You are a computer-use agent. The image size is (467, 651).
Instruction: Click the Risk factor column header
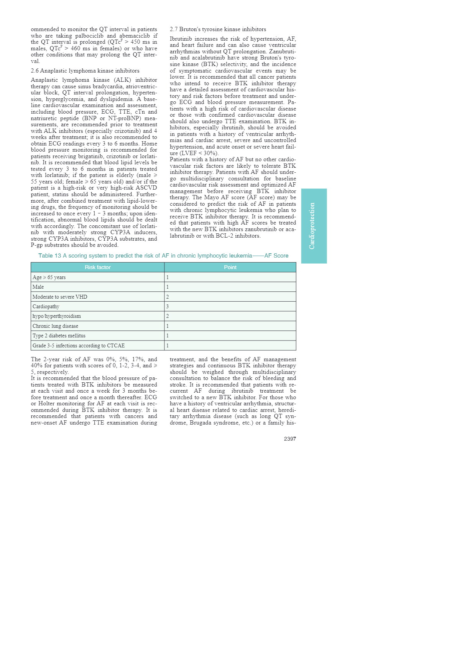(97, 267)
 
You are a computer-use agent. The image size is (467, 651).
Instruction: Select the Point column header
(230, 267)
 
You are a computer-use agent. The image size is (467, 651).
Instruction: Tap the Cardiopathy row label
(46, 306)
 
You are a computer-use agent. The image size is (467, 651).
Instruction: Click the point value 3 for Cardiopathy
(168, 306)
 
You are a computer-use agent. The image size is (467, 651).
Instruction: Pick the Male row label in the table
(38, 287)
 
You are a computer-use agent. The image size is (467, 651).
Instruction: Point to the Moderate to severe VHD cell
(60, 297)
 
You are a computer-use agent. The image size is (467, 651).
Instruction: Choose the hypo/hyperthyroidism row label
(57, 316)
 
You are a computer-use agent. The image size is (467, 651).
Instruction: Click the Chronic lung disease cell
(55, 326)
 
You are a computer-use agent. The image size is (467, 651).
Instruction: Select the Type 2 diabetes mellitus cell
(59, 335)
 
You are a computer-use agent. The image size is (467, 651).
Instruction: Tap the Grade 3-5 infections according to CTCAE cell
(79, 345)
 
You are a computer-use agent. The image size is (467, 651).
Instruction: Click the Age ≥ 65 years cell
(49, 277)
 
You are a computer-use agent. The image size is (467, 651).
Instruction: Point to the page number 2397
(290, 439)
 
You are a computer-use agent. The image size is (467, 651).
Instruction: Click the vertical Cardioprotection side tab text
(312, 226)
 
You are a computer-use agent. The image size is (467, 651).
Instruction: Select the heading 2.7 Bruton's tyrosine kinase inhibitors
(218, 29)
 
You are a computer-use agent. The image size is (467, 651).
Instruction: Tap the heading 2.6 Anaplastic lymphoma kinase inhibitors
(85, 71)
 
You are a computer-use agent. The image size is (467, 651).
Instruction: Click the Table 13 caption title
(163, 256)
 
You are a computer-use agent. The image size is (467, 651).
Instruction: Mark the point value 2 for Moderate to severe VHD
(168, 297)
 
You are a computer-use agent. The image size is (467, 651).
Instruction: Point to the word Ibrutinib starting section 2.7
(181, 39)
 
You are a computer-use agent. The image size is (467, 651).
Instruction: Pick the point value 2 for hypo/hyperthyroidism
(168, 316)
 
